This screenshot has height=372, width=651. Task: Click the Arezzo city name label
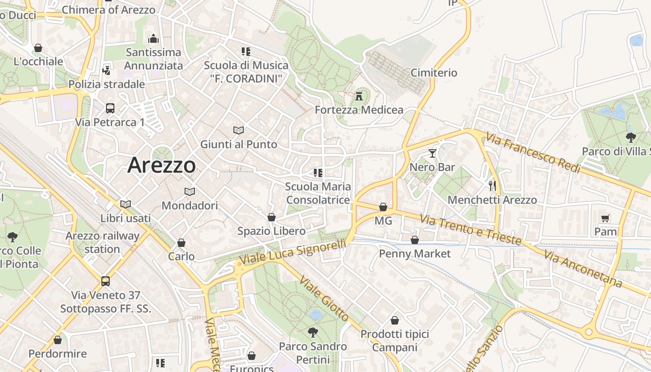pos(161,165)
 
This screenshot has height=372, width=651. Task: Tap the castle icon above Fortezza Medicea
pos(359,96)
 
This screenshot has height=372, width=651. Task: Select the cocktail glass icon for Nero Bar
pos(432,153)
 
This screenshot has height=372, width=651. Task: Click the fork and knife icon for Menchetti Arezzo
pos(492,186)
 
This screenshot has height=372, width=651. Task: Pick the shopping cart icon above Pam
pos(605,218)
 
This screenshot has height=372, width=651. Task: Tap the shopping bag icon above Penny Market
pos(415,240)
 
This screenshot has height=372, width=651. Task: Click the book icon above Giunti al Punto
pos(239,130)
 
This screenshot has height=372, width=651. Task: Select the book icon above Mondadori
pos(190,192)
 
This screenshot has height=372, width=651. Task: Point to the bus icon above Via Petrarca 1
pos(110,108)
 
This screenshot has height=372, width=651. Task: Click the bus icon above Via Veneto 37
pos(106,281)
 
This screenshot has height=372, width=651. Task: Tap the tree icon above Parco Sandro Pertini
pos(313,332)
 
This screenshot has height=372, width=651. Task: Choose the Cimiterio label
pos(434,73)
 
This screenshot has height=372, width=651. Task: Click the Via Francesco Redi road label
pos(533,153)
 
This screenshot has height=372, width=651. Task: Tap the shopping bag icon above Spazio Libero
pos(272,217)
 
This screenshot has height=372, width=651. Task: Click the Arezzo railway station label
pos(102,242)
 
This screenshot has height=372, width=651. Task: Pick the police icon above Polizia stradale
pos(106,70)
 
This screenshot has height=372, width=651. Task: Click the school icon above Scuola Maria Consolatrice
pos(318,173)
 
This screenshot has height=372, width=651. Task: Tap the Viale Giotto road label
pos(325,299)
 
